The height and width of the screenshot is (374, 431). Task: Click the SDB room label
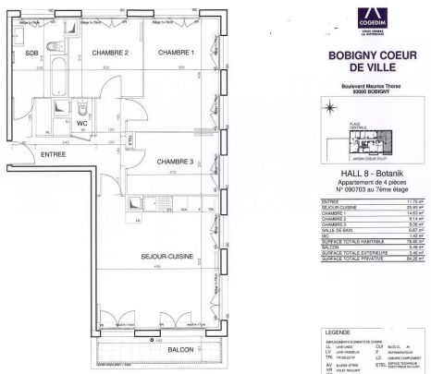coord(31,53)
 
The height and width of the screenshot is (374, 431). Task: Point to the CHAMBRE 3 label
coord(175,160)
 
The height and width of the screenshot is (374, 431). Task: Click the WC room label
coord(82,122)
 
